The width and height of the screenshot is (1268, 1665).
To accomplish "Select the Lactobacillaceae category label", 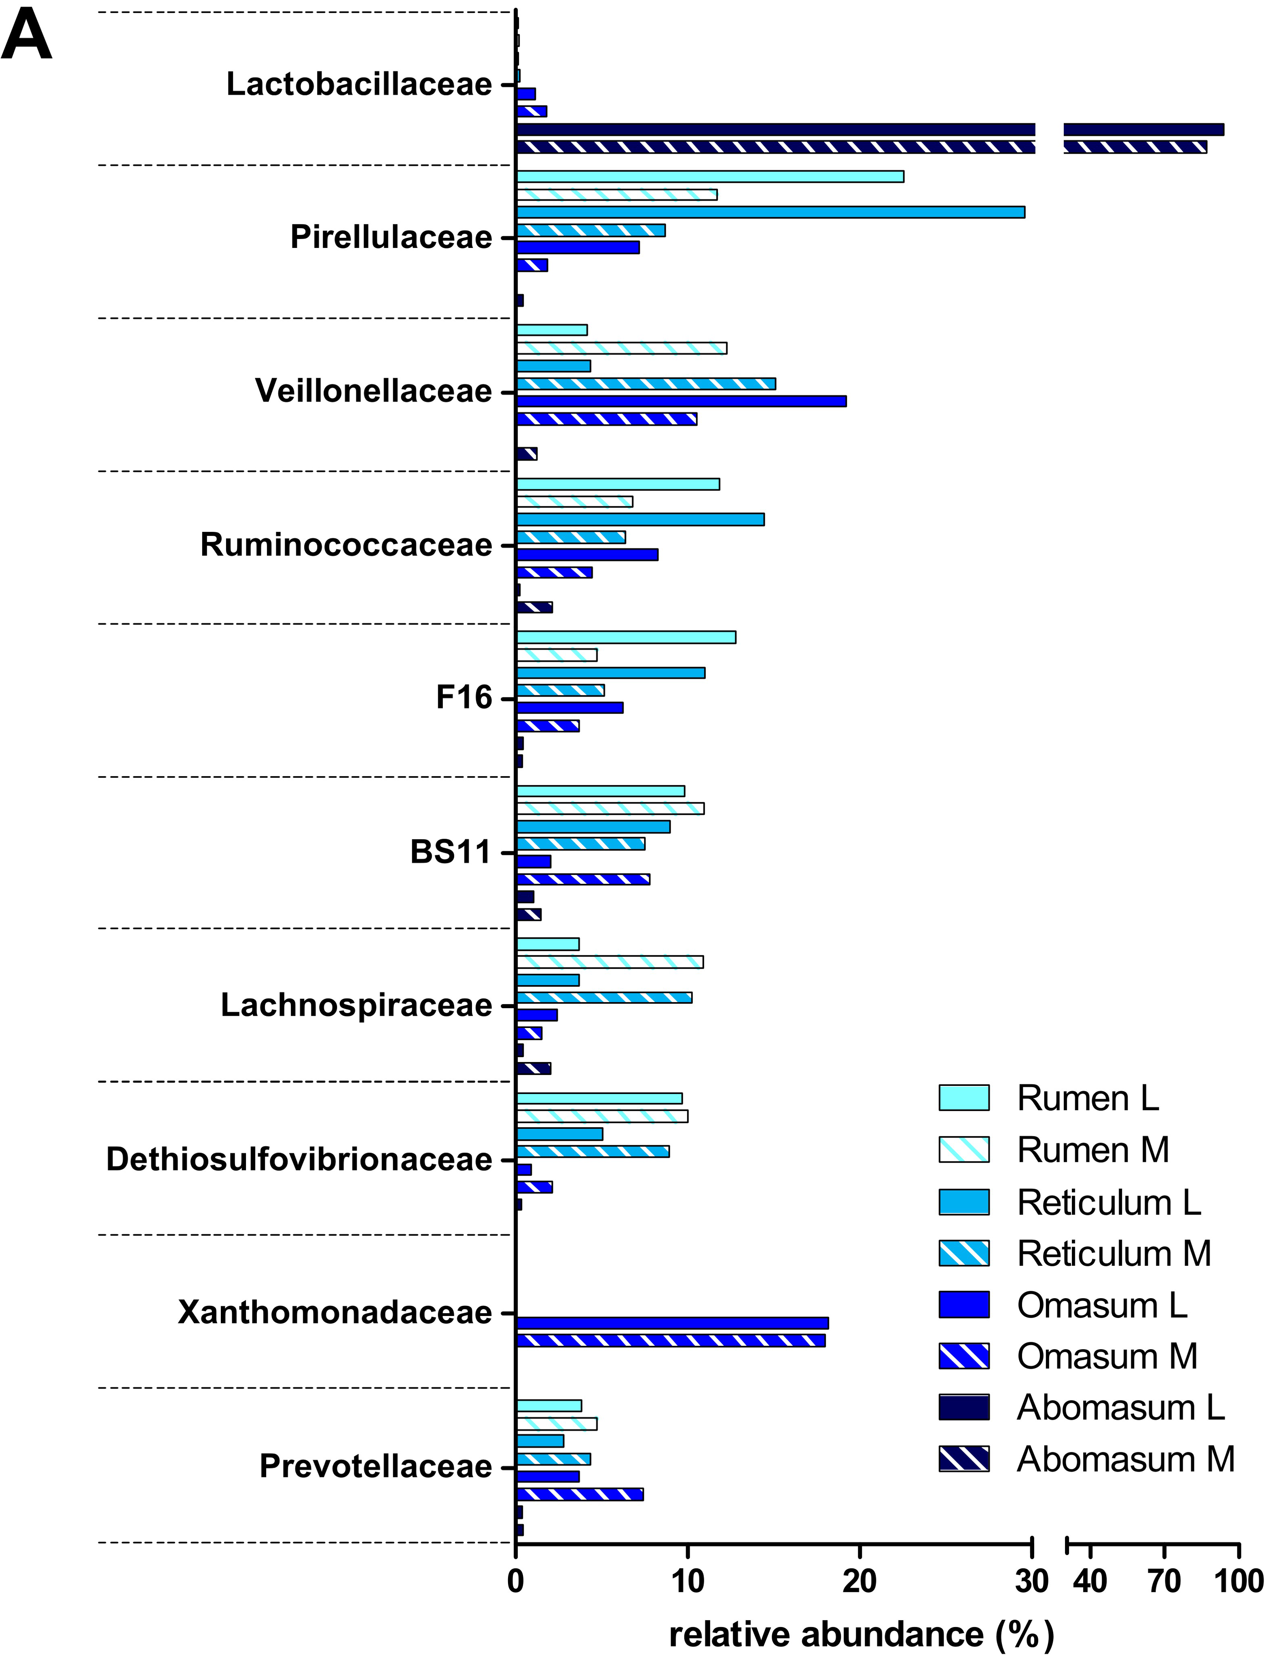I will pos(359,85).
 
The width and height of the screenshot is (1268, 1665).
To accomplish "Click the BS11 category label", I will pos(451,852).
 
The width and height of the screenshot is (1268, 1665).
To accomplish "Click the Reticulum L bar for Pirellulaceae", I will pos(770,212).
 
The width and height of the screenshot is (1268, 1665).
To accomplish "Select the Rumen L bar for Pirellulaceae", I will pos(709,177).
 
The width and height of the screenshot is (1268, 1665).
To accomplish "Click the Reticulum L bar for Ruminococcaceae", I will pos(640,519).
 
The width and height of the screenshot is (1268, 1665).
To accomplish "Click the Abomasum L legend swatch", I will pos(964,1408).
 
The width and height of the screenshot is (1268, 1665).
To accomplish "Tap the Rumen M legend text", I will pos(1092,1150).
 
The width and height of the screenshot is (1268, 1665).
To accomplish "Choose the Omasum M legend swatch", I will pos(964,1356).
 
